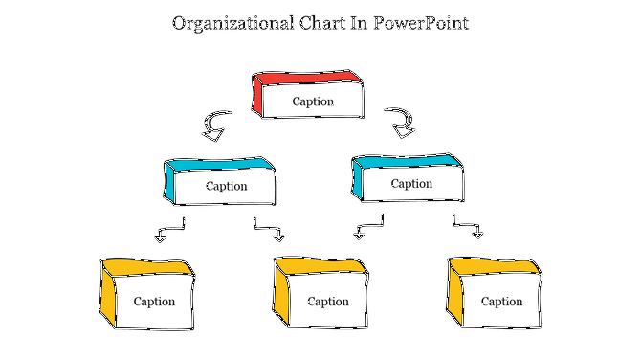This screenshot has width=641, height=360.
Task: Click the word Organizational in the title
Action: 226,23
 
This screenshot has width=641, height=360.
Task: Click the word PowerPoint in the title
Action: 423,23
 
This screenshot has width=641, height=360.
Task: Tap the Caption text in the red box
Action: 313,101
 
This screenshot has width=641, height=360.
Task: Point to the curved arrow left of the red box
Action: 215,124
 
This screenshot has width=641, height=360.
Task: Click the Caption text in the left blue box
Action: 226,187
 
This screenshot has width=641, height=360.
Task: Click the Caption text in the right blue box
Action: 412,184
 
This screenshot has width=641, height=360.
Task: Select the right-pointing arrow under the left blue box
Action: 270,231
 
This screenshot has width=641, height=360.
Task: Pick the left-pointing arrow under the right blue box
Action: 368,228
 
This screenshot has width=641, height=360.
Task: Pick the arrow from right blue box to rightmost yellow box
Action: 467,229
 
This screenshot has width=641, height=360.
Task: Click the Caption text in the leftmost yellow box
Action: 154,302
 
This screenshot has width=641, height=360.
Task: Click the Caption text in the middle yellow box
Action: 328,302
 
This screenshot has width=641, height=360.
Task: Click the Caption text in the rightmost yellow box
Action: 501,302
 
